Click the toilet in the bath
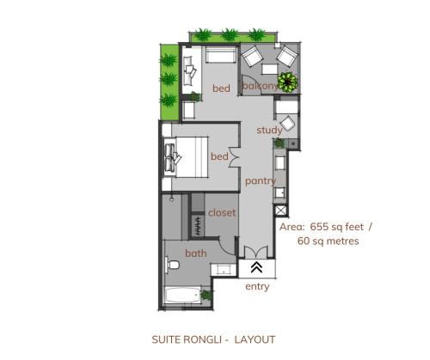coord(173,265)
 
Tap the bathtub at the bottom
coord(182,296)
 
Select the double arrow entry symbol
coord(256,267)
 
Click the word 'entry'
coord(257,286)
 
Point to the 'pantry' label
coord(261,181)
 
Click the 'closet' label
coord(222,213)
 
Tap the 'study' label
coord(269,131)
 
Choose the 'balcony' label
coord(261,86)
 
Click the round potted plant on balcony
coord(287,82)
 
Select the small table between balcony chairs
coord(270,70)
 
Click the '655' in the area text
coord(319,227)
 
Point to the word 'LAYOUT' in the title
coord(255,339)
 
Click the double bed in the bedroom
coord(186,157)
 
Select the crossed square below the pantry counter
coord(280,211)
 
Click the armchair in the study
coord(287,124)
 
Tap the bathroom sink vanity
coord(224,270)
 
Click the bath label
coord(196,253)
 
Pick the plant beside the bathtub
coord(206,295)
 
